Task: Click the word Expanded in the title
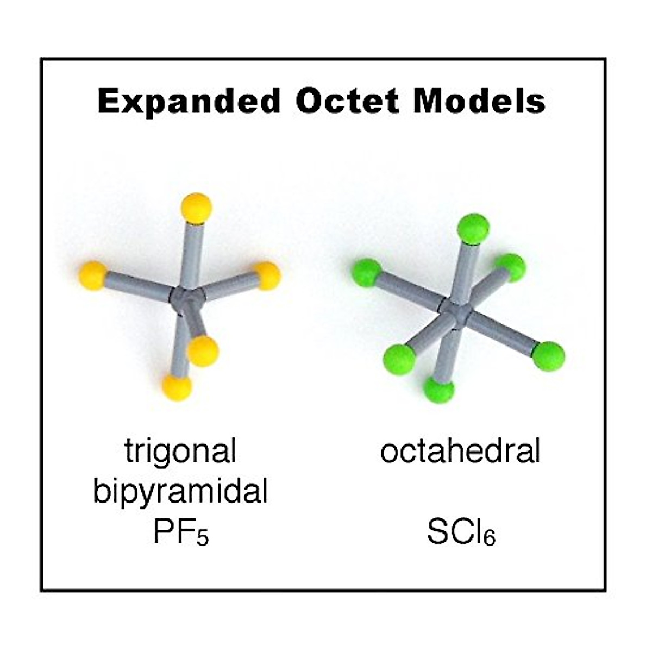[189, 102]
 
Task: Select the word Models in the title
[479, 102]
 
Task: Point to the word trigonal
[180, 450]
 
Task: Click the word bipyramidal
[180, 491]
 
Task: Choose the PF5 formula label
[181, 532]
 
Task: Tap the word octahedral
[460, 451]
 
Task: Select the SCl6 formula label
[461, 532]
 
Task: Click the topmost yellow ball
[197, 207]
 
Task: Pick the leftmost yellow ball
[93, 275]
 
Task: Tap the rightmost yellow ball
[267, 275]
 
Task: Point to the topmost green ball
[473, 228]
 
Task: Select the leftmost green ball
[366, 272]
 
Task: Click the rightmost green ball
[548, 356]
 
